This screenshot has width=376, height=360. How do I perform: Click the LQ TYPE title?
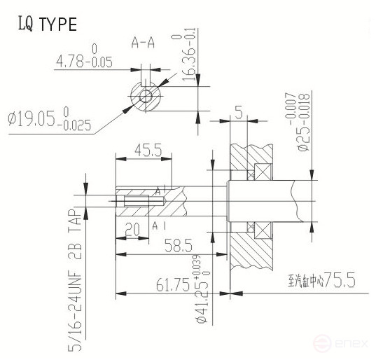(46, 24)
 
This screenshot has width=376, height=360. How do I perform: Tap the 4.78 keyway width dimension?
(84, 62)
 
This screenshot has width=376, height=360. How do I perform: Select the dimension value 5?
(239, 112)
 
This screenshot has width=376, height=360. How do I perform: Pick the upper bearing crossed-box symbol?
(262, 172)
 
